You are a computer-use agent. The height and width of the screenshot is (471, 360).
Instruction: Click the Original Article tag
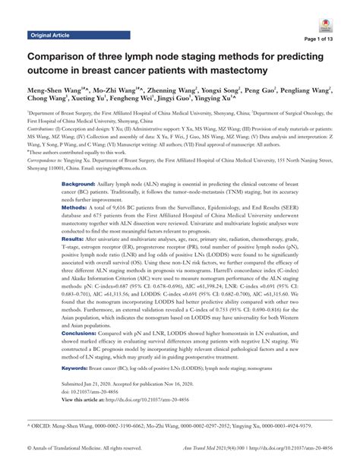coord(55,35)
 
